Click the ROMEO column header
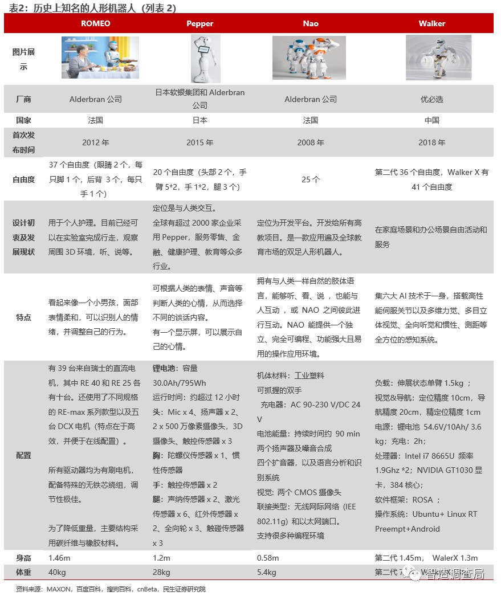click(96, 23)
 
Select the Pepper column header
click(200, 23)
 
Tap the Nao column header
click(311, 23)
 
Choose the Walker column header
click(431, 23)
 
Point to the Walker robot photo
click(438, 58)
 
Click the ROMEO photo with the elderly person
click(100, 58)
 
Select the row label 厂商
click(23, 99)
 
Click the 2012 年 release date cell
click(96, 142)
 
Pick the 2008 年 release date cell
click(311, 142)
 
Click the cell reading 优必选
click(431, 99)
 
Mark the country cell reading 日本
click(200, 120)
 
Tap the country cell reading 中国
click(431, 120)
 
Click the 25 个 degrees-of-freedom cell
click(311, 179)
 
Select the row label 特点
click(23, 317)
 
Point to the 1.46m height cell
click(60, 558)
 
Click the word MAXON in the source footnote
click(58, 589)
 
